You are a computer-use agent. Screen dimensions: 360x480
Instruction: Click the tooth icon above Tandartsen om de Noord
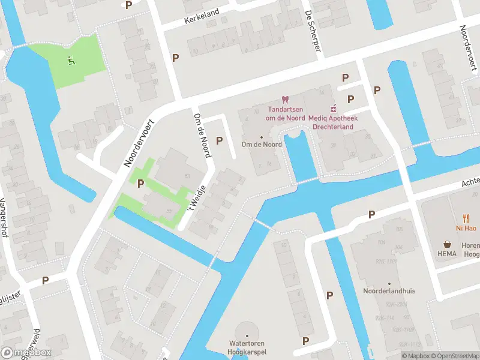(x=285, y=100)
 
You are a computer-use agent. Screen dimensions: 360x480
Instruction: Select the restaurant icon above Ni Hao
(x=465, y=219)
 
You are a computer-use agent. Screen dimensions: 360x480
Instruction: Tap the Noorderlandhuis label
(x=389, y=291)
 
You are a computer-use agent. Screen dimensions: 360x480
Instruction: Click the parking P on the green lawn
(x=141, y=183)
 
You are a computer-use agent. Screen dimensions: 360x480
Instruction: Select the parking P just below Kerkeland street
(x=176, y=58)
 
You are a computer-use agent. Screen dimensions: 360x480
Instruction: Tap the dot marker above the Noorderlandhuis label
(x=389, y=283)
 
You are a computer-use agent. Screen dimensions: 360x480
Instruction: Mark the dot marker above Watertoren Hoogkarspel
(x=247, y=336)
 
